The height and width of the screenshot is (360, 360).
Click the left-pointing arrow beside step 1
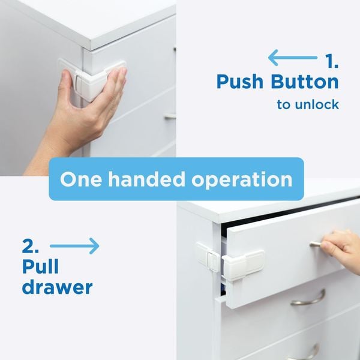click(x=292, y=58)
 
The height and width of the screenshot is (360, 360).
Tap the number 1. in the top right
click(x=331, y=61)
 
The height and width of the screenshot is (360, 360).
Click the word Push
click(x=242, y=82)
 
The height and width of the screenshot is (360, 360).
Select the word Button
click(x=306, y=82)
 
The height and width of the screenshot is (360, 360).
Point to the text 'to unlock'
click(x=308, y=104)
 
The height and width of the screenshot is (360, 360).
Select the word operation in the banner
click(x=246, y=179)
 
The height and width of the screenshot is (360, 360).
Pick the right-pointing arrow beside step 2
click(x=74, y=246)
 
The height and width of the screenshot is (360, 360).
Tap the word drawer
click(x=57, y=287)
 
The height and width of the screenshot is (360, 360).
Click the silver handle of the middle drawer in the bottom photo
click(x=308, y=298)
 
